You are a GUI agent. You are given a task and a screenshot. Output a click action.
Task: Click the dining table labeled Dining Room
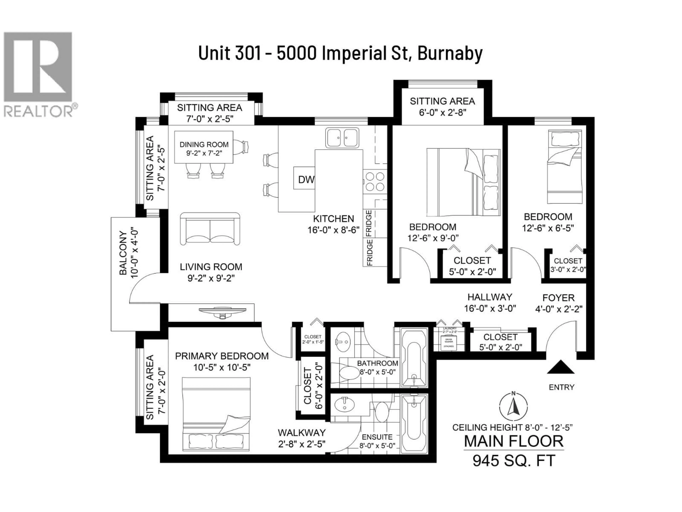pos(204,147)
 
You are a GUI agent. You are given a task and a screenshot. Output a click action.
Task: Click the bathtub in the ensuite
pos(414,424)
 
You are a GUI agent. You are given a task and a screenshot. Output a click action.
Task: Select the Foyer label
pos(558,298)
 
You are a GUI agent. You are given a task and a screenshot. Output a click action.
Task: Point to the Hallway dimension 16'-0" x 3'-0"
pos(490,308)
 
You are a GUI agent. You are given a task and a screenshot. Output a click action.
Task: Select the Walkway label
pos(302,433)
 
